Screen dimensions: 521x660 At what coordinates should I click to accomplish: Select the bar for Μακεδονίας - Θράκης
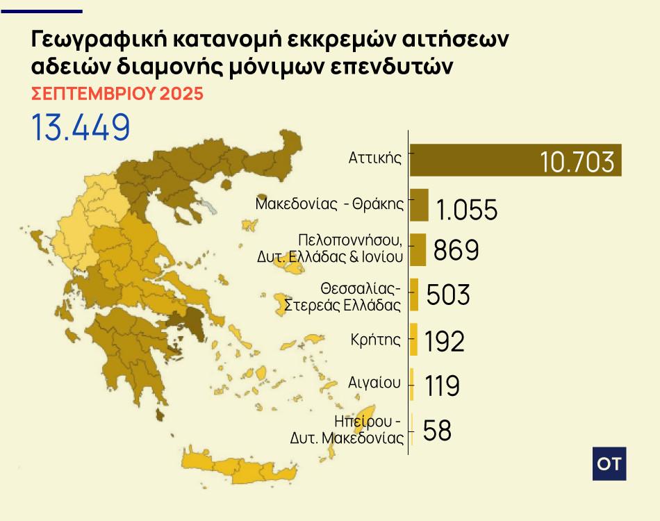(x=419, y=205)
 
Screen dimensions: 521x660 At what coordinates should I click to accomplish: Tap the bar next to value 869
(x=418, y=249)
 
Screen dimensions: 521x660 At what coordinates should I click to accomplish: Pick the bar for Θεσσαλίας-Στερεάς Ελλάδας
(x=414, y=295)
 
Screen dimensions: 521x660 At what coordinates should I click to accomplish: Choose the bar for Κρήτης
(x=413, y=340)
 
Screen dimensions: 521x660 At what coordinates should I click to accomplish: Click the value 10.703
(x=577, y=162)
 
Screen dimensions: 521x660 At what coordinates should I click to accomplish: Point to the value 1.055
(x=467, y=209)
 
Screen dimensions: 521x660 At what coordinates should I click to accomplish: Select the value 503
(x=448, y=295)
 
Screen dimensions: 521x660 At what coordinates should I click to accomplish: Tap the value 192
(x=445, y=340)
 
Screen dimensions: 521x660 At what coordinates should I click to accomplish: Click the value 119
(x=443, y=386)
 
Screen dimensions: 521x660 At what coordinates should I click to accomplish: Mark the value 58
(x=437, y=430)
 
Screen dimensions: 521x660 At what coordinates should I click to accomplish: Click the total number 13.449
(x=81, y=126)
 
